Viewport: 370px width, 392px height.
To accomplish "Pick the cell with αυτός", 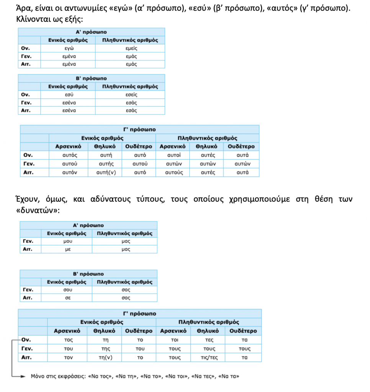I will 70,155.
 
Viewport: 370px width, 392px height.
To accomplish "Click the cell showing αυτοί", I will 173,155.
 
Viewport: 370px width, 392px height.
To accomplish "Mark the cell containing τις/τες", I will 209,358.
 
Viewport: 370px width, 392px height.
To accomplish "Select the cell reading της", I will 105,349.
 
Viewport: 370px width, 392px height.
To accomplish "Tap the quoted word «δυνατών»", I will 38,211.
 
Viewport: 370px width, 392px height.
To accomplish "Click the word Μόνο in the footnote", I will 39,376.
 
